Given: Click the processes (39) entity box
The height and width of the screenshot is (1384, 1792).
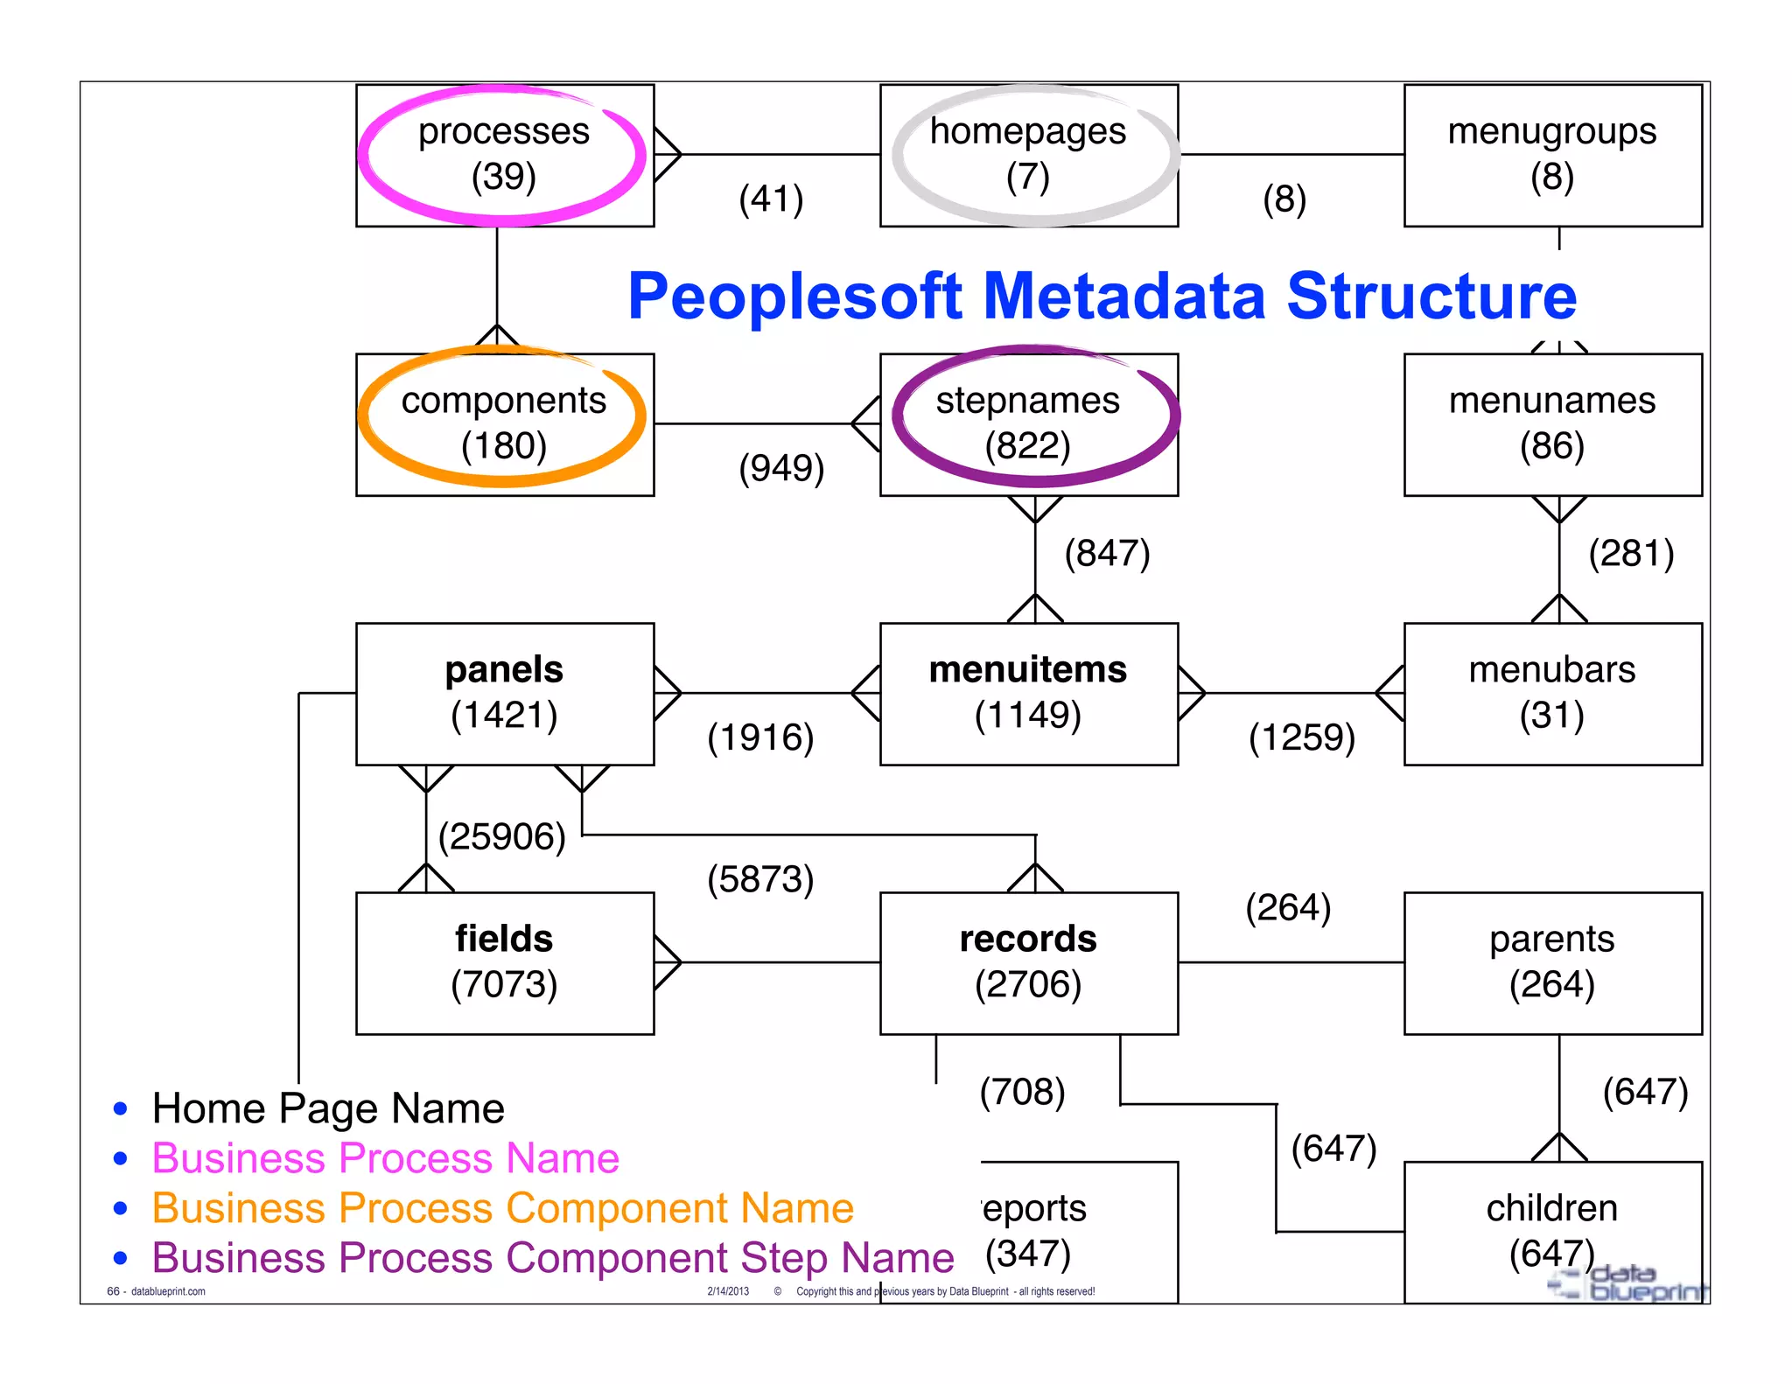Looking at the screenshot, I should pyautogui.click(x=504, y=155).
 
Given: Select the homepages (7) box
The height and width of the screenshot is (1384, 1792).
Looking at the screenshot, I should pyautogui.click(x=1028, y=155).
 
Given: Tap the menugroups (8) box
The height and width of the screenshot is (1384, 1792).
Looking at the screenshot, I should pyautogui.click(x=1552, y=155).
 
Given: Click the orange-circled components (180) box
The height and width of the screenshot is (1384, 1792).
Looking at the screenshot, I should pyautogui.click(x=504, y=424).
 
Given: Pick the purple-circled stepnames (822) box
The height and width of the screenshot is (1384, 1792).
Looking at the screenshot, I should pyautogui.click(x=1028, y=424).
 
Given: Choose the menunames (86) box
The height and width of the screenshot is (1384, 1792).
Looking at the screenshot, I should pyautogui.click(x=1552, y=424).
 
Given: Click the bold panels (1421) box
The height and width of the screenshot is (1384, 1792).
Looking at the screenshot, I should pyautogui.click(x=504, y=694).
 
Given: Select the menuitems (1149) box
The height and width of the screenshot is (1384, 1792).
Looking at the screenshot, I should pyautogui.click(x=1028, y=694).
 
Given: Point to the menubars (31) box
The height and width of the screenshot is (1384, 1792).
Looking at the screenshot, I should pyautogui.click(x=1552, y=694).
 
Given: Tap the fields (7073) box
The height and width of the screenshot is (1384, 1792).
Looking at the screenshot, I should pyautogui.click(x=504, y=962).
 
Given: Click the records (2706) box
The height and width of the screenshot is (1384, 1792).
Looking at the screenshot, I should pyautogui.click(x=1028, y=962).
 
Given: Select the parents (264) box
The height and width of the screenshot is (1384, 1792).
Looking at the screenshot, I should pyautogui.click(x=1552, y=962).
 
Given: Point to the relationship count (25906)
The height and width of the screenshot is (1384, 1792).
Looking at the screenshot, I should pyautogui.click(x=502, y=837).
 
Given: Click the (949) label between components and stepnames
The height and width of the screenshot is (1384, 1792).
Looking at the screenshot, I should pyautogui.click(x=781, y=469).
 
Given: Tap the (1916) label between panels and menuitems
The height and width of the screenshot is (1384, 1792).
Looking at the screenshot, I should pyautogui.click(x=760, y=738).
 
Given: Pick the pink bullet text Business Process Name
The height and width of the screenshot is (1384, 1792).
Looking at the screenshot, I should pyautogui.click(x=385, y=1158).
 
